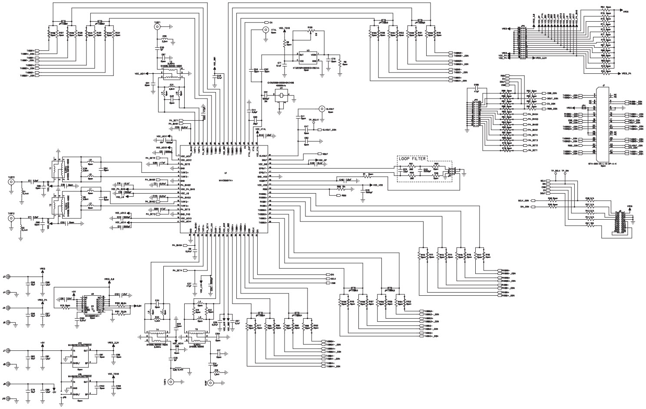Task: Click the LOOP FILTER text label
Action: pos(412,159)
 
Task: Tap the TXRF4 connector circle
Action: pos(172,382)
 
